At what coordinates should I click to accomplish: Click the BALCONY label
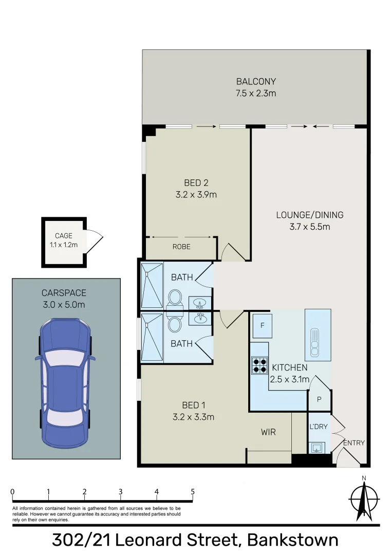pos(256,81)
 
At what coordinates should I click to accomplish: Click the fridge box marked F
pos(262,326)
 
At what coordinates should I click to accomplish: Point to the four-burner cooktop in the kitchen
pos(259,364)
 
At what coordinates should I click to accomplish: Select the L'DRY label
pos(319,427)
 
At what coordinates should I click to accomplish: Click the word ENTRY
pos(353,443)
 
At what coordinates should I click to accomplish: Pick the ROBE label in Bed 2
pos(181,247)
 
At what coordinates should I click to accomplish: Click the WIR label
pos(268,432)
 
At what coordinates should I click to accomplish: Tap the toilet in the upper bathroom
pos(175,298)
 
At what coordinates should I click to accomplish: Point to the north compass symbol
pos(364,498)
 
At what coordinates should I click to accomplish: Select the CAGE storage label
pos(63,236)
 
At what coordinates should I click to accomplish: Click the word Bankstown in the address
pos(292,540)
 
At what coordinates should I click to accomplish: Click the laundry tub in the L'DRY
pos(316,447)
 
